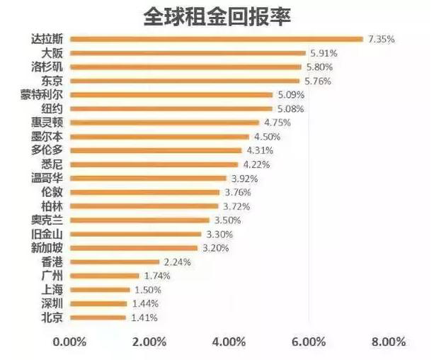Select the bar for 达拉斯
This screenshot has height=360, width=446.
pyautogui.click(x=216, y=39)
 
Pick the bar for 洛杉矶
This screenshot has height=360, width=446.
pyautogui.click(x=186, y=67)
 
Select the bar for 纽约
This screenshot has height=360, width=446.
pyautogui.click(x=171, y=108)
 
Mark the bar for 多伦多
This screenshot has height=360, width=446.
pyautogui.click(x=156, y=150)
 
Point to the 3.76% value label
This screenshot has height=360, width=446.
pyautogui.click(x=241, y=191)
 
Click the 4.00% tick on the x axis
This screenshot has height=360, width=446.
pyautogui.click(x=229, y=342)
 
